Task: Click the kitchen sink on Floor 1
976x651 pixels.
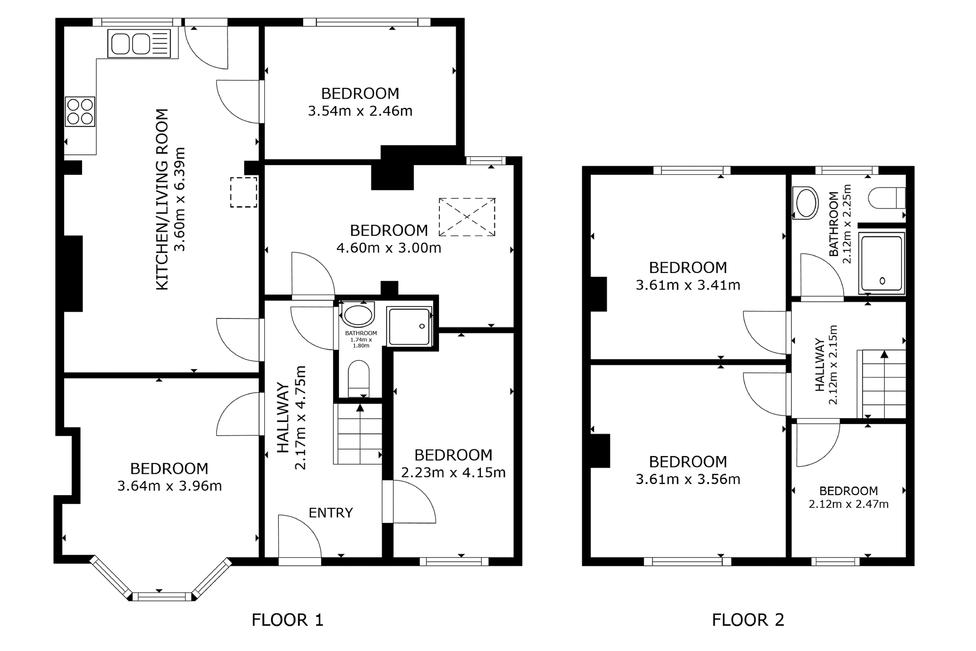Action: pos(139,43)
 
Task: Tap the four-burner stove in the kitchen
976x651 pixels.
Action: pos(80,111)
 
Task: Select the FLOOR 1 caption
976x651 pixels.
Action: pos(287,620)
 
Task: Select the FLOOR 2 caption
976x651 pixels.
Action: pos(748,620)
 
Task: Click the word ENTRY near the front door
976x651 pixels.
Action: pos(331,512)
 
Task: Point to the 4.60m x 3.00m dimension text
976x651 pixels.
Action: pos(389,248)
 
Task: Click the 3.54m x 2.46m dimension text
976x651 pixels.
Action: pos(360,111)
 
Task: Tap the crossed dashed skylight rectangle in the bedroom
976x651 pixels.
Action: pos(467,217)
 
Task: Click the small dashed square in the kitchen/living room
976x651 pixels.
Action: pos(244,192)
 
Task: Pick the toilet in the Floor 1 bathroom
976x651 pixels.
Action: pos(359,378)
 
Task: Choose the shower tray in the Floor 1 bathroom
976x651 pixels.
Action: pos(409,326)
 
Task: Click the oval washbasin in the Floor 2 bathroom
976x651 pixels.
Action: pos(806,203)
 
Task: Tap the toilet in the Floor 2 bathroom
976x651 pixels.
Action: pos(887,198)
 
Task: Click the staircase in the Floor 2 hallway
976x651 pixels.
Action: pos(882,384)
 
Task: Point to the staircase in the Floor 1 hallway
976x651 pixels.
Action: pos(358,434)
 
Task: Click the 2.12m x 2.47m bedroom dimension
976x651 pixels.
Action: pos(849,504)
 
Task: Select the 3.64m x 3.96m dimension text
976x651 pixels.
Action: pos(169,486)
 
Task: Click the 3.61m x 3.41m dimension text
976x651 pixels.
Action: pos(688,285)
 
